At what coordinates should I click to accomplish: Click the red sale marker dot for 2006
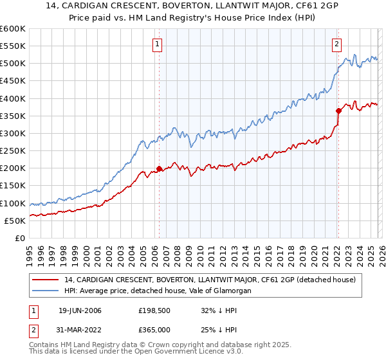159,169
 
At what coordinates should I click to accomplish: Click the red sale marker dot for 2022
338,111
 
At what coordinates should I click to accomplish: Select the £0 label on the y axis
19,238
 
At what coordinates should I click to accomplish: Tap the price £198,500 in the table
153,310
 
